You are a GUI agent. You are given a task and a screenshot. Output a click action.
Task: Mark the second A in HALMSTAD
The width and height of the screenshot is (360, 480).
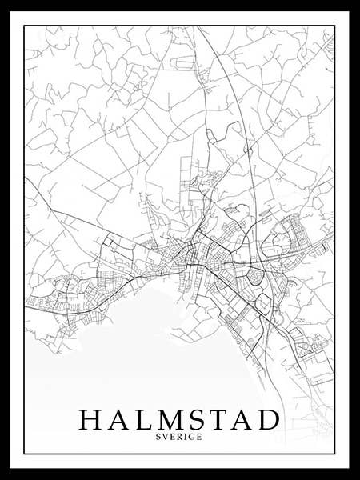coord(242,419)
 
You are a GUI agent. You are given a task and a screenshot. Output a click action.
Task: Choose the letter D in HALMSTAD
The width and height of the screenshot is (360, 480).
coord(270,419)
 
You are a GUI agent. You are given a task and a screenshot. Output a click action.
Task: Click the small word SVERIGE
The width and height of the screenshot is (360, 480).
coord(179,437)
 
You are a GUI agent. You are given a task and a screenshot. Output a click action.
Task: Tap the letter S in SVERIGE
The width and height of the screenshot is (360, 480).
coord(161,437)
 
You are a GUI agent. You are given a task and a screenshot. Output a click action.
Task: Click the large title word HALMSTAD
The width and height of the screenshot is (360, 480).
coord(179,419)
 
